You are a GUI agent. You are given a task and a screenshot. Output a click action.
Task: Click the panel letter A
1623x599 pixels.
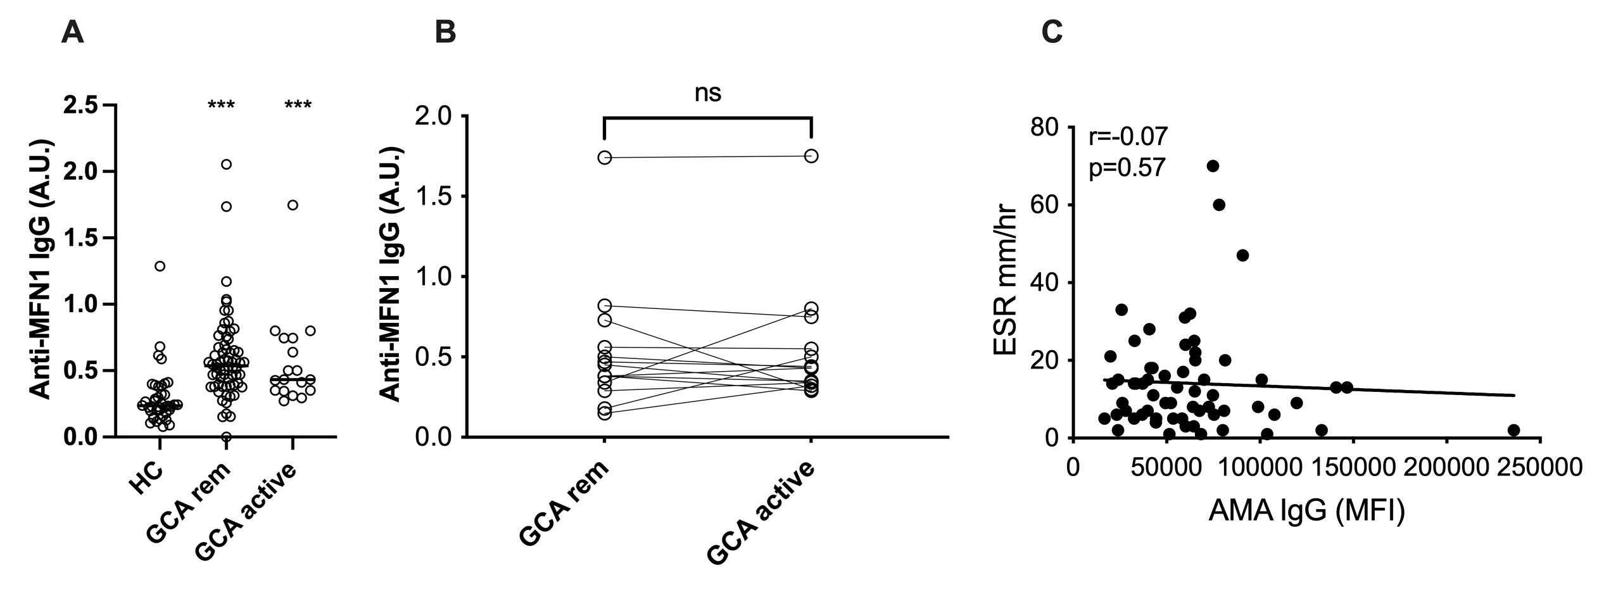point(72,32)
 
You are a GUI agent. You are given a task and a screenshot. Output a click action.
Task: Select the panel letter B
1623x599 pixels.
point(446,32)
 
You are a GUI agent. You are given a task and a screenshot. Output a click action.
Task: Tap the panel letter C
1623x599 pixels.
point(1052,32)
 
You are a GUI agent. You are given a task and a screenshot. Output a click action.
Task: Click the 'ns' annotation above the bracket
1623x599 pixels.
point(707,94)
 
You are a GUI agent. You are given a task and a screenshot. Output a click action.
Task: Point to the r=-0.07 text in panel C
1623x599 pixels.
point(1128,137)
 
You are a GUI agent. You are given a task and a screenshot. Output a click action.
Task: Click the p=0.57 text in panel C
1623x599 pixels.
point(1127,168)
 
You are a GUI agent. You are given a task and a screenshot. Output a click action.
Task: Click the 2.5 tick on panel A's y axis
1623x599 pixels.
point(87,105)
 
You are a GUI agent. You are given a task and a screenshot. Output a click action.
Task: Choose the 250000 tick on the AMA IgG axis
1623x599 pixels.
point(1540,468)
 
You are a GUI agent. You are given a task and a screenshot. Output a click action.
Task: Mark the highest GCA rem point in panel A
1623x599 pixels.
point(226,164)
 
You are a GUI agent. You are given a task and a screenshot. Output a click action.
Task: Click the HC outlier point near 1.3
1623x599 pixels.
point(160,266)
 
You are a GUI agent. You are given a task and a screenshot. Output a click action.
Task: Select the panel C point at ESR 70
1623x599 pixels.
point(1213,166)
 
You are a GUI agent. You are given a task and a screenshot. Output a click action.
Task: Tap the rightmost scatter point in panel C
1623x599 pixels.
point(1513,431)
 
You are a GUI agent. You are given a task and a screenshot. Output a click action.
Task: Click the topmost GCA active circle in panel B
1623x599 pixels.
point(811,156)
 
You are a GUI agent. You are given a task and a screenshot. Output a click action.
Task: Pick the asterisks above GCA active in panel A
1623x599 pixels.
point(298,105)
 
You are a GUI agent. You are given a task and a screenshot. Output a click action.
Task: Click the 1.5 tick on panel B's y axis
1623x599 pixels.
point(437,196)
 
